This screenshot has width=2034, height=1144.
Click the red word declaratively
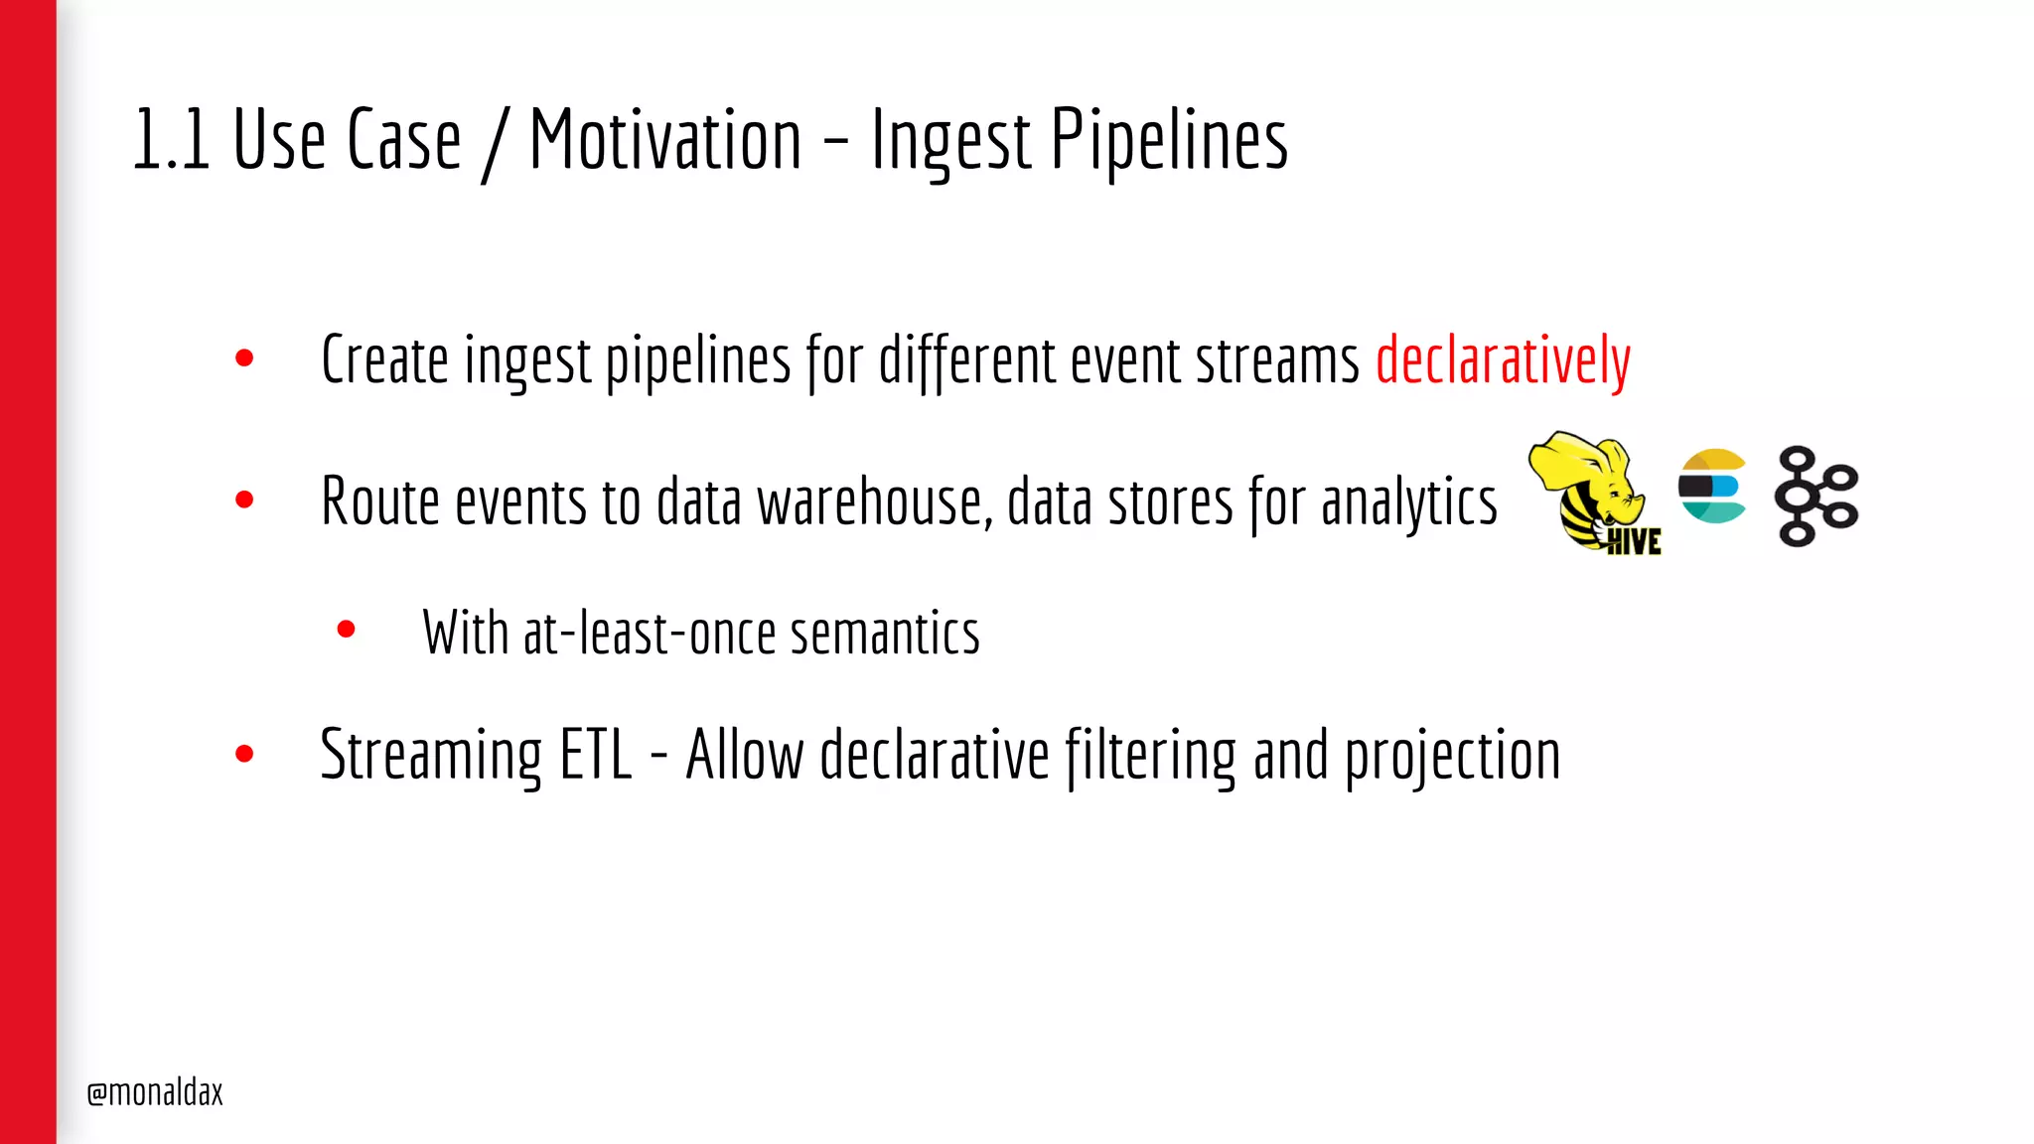point(1503,359)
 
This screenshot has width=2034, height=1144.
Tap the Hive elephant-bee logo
point(1593,493)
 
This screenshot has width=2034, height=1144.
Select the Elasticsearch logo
point(1712,486)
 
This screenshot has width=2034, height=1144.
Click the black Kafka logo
point(1816,496)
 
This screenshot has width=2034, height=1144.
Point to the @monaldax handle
point(155,1092)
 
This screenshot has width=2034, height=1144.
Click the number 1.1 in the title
point(170,140)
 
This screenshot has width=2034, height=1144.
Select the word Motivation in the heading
point(665,140)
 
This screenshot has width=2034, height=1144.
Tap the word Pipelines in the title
point(1169,140)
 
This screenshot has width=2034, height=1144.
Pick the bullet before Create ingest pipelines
point(244,358)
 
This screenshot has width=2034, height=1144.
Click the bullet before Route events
point(244,500)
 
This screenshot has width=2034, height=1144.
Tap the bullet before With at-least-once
point(346,629)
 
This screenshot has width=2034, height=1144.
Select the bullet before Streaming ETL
point(244,754)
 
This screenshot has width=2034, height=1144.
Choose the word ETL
point(596,755)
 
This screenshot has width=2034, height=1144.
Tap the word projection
point(1452,757)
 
